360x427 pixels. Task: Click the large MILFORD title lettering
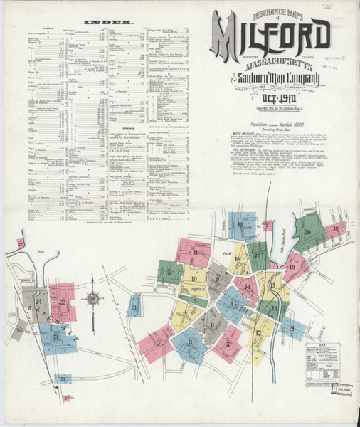click(x=270, y=36)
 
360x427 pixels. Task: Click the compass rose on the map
click(x=92, y=298)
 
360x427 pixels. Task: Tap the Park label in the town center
click(x=228, y=253)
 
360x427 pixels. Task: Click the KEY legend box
click(x=319, y=355)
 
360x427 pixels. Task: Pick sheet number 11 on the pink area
click(x=194, y=253)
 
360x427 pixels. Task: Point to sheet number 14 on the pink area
click(x=247, y=287)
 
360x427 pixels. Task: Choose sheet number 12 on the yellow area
click(x=258, y=332)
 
